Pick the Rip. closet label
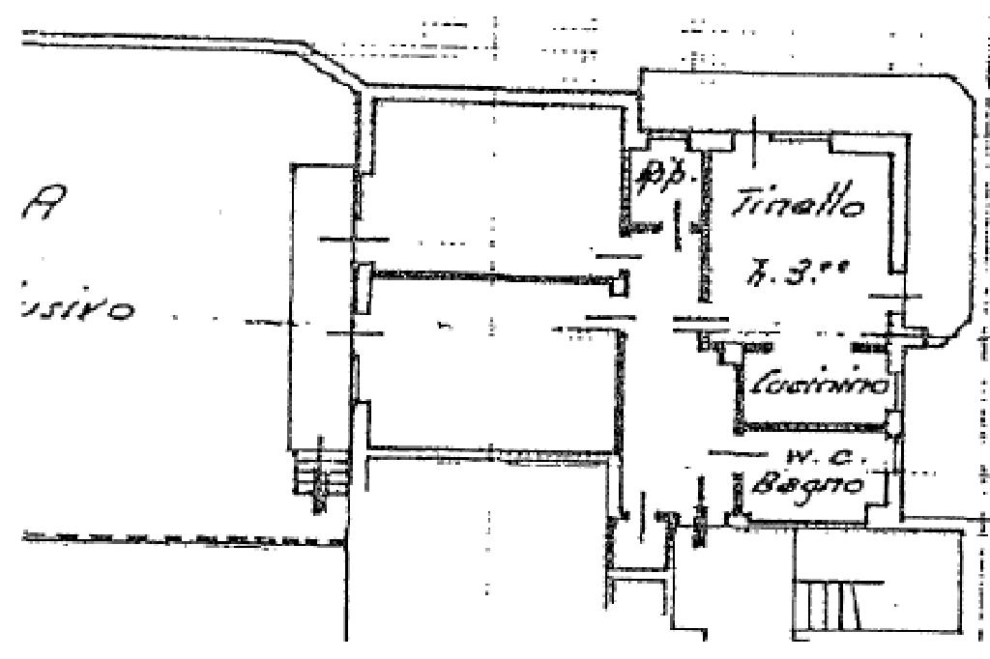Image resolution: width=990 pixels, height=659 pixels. (660, 180)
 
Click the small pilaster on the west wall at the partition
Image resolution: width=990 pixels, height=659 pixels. (362, 287)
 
